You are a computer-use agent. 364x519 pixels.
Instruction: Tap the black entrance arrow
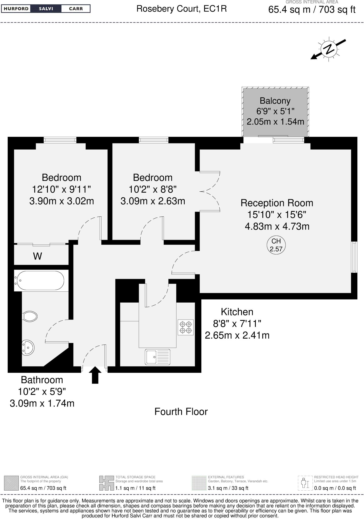95,375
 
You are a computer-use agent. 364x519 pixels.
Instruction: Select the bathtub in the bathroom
39,281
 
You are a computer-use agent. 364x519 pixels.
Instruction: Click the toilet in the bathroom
30,316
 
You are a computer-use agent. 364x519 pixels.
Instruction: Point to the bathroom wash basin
28,347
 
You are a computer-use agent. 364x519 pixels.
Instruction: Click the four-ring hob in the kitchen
186,327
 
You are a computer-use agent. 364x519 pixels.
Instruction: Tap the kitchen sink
158,357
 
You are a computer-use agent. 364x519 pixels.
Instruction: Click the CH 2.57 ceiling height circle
276,245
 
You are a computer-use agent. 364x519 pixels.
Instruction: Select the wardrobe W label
37,256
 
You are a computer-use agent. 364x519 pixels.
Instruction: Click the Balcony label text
275,101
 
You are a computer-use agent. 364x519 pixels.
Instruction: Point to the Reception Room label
277,203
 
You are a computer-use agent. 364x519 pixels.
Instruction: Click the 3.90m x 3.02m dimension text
62,201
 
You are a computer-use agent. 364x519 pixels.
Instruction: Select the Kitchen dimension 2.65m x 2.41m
237,335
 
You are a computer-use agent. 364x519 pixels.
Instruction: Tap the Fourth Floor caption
181,412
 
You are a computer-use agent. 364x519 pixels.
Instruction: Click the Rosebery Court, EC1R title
181,9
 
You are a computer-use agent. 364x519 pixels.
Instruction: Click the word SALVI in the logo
46,9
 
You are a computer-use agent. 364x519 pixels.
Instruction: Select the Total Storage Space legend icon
106,483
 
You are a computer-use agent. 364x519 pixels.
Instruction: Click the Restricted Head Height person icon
305,483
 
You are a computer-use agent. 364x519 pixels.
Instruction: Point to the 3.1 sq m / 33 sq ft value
228,488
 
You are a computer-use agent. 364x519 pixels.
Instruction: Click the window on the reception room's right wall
354,257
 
